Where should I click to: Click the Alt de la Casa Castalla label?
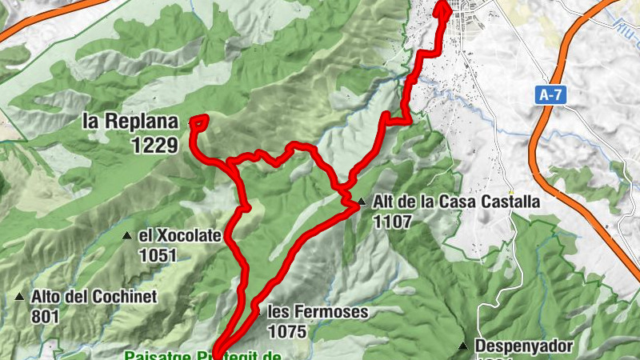pos(457,202)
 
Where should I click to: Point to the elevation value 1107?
pos(392,222)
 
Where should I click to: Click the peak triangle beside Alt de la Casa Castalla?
pos(362,202)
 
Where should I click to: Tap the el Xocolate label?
pos(179,236)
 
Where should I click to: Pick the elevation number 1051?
pos(157,255)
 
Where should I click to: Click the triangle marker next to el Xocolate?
pos(127,236)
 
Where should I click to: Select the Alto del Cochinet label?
pos(94,296)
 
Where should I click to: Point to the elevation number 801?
pos(46,316)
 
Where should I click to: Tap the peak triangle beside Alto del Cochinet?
pos(20,297)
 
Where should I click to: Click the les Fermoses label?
pos(318,311)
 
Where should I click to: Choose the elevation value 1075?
pos(287,330)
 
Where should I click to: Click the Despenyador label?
pos(524,346)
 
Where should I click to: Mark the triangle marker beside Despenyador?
pos(462,346)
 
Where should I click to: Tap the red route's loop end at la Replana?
pos(198,121)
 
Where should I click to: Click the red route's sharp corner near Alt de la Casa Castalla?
pos(356,206)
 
